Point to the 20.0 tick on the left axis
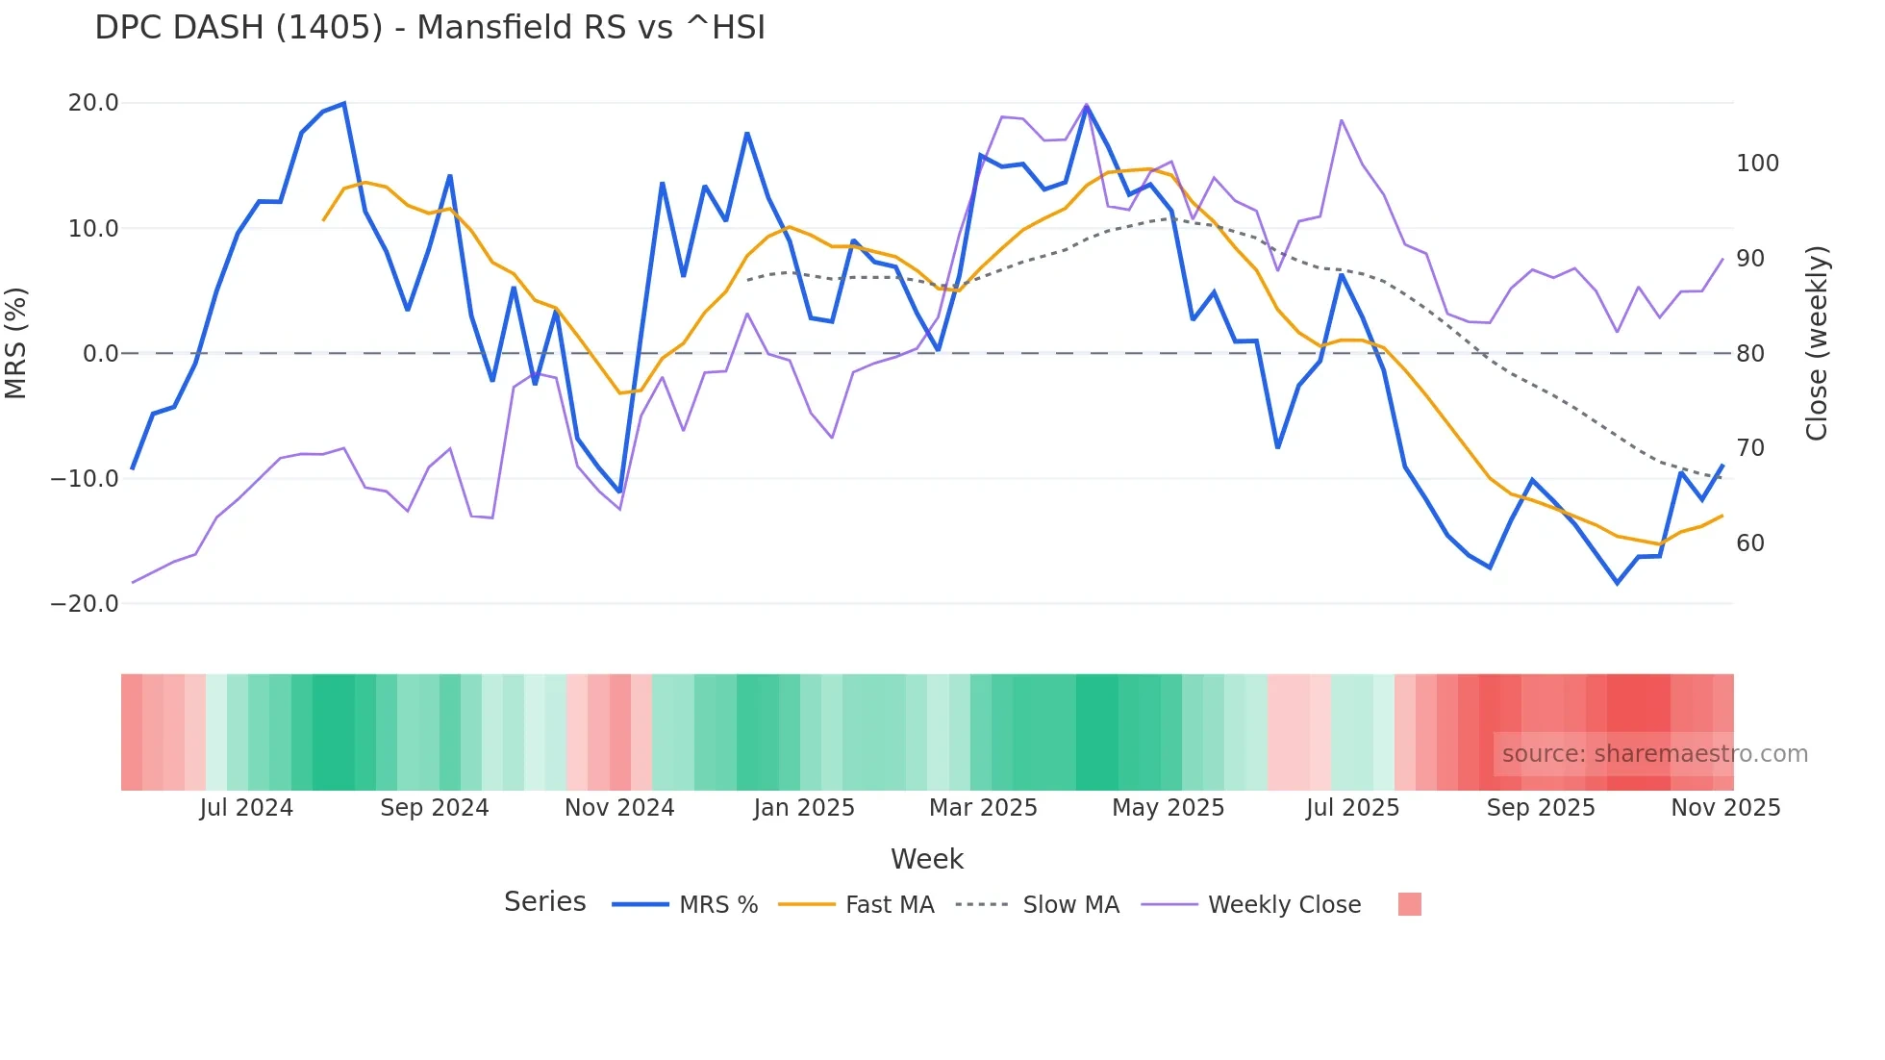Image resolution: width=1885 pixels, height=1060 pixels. click(93, 103)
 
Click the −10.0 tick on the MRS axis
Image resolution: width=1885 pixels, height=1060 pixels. click(85, 478)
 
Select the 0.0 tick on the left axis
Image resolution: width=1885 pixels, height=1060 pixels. click(101, 353)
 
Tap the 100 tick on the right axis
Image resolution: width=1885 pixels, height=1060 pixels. click(1757, 164)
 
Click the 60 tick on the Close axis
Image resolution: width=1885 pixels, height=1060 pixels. click(1750, 543)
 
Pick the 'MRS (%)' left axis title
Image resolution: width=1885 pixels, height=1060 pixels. click(16, 342)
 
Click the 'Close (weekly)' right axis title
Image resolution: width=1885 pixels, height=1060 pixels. click(1816, 343)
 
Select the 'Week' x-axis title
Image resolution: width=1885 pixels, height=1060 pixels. click(926, 859)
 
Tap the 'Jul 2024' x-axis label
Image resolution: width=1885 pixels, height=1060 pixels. click(246, 808)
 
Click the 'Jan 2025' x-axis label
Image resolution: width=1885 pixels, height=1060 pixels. click(804, 808)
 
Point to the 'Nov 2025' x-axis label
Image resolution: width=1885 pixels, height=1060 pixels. click(1725, 808)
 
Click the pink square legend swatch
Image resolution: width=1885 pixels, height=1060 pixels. click(1409, 904)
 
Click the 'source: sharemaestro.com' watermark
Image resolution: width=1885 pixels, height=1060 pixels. click(1654, 754)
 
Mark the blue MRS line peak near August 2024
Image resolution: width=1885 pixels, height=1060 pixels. click(344, 104)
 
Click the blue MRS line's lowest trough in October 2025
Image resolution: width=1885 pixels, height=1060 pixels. click(1618, 583)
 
